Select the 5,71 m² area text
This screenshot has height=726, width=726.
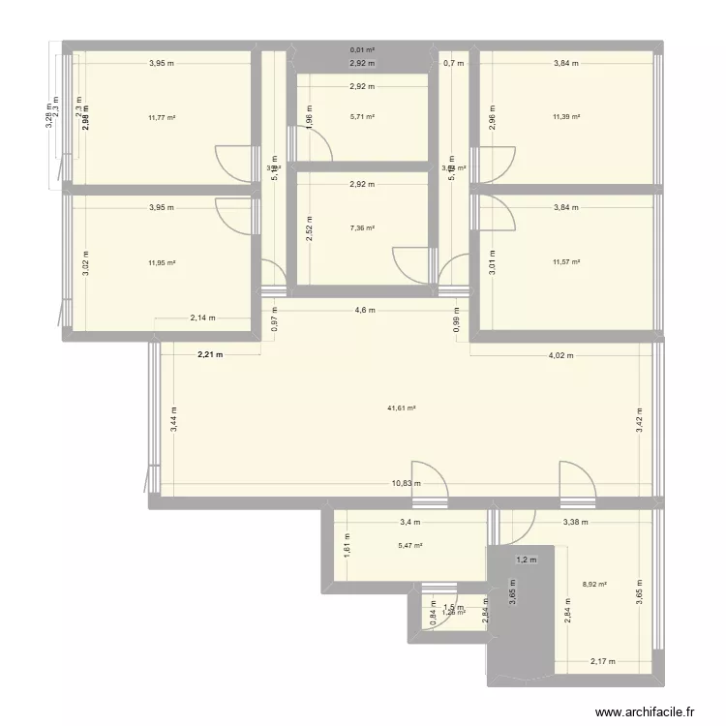362,117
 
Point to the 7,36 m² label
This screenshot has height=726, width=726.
362,228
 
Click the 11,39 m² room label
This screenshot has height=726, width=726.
566,117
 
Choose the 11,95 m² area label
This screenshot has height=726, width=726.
162,262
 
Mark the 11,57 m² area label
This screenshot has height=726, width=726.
566,262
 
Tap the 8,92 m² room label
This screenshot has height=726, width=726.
594,584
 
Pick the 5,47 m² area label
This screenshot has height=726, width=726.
410,546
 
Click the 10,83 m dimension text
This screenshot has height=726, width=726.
407,483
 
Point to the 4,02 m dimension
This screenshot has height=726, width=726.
561,355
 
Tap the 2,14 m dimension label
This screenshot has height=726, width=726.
203,318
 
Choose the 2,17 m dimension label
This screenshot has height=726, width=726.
602,662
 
